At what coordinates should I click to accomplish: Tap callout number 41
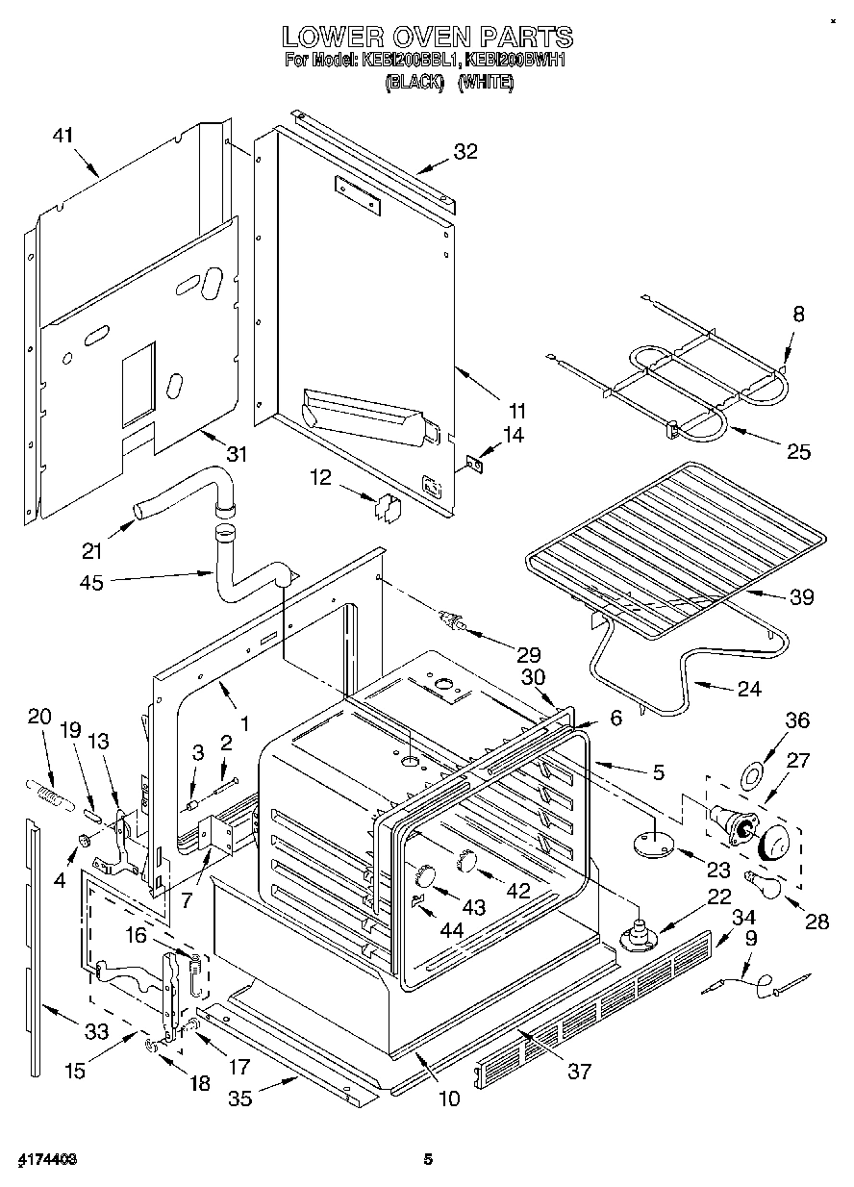(x=63, y=137)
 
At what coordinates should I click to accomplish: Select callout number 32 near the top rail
(x=465, y=151)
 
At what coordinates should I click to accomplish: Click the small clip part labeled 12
(x=388, y=507)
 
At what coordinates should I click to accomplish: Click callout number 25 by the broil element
(x=798, y=451)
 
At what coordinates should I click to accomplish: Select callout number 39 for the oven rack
(x=801, y=597)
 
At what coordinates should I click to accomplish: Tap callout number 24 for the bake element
(x=748, y=688)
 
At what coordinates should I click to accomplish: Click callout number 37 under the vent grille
(x=580, y=1072)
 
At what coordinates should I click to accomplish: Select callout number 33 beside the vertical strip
(x=96, y=1033)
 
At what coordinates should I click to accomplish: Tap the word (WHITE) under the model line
(x=486, y=83)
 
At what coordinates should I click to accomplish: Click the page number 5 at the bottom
(x=428, y=1160)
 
